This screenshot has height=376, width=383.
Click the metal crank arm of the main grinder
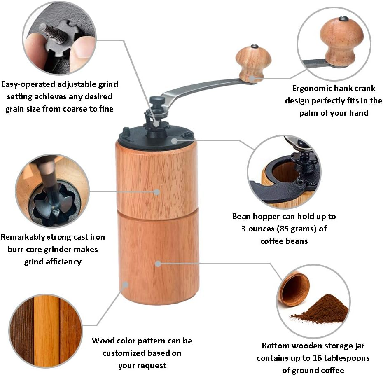click(x=198, y=87)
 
